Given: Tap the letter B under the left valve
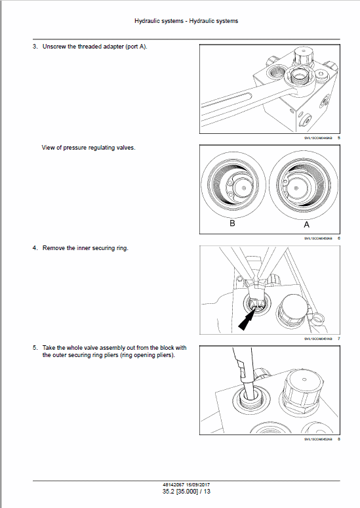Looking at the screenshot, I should pyautogui.click(x=232, y=223).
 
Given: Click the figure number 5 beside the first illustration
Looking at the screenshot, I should pyautogui.click(x=338, y=138).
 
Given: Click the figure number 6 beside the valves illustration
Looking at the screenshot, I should pyautogui.click(x=338, y=238).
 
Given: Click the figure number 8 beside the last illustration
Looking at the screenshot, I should pyautogui.click(x=338, y=439).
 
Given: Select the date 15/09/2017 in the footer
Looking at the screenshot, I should pyautogui.click(x=195, y=484).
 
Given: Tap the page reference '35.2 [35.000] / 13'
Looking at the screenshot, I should pyautogui.click(x=182, y=491).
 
